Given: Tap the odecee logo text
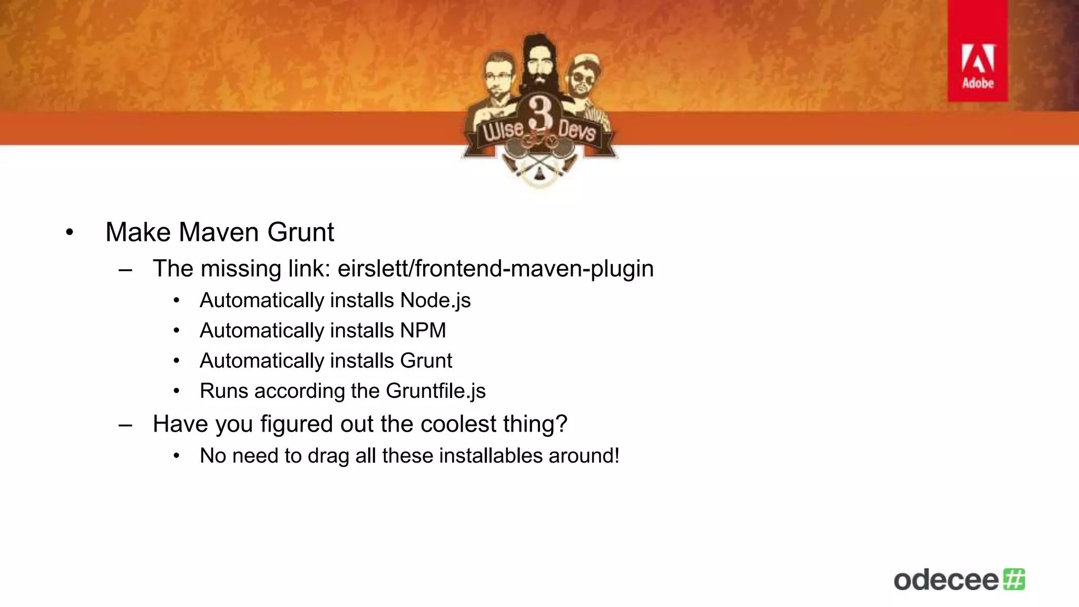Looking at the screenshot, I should coord(946,580).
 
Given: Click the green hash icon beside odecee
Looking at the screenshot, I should coord(1014,579).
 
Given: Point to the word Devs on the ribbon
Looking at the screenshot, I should coord(577,130).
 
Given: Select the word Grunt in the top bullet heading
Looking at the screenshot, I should coord(300,232).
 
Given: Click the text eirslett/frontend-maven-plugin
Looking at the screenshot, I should coord(495,269).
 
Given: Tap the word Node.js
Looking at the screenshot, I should coord(435,300).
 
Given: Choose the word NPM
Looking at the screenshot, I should coord(423,330).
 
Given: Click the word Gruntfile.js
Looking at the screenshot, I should coord(435,391).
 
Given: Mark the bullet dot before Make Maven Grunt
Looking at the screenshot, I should coord(70,232).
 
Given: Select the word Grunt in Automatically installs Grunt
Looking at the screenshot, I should coord(426,361).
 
